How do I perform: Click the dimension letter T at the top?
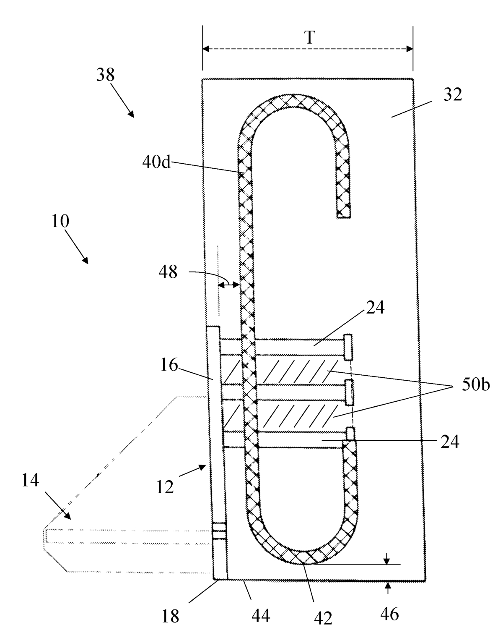[x=309, y=38]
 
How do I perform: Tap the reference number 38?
[x=105, y=75]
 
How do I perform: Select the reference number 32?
[x=453, y=95]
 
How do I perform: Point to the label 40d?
[x=156, y=162]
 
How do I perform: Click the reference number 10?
[x=60, y=221]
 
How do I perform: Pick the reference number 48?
[x=168, y=272]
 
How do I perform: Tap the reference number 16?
[x=169, y=365]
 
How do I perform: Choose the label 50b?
[x=476, y=385]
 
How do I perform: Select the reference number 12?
[x=165, y=487]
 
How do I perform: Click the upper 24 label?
[x=375, y=307]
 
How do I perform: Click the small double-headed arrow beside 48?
[x=228, y=285]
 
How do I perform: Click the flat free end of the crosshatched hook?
[x=344, y=217]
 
